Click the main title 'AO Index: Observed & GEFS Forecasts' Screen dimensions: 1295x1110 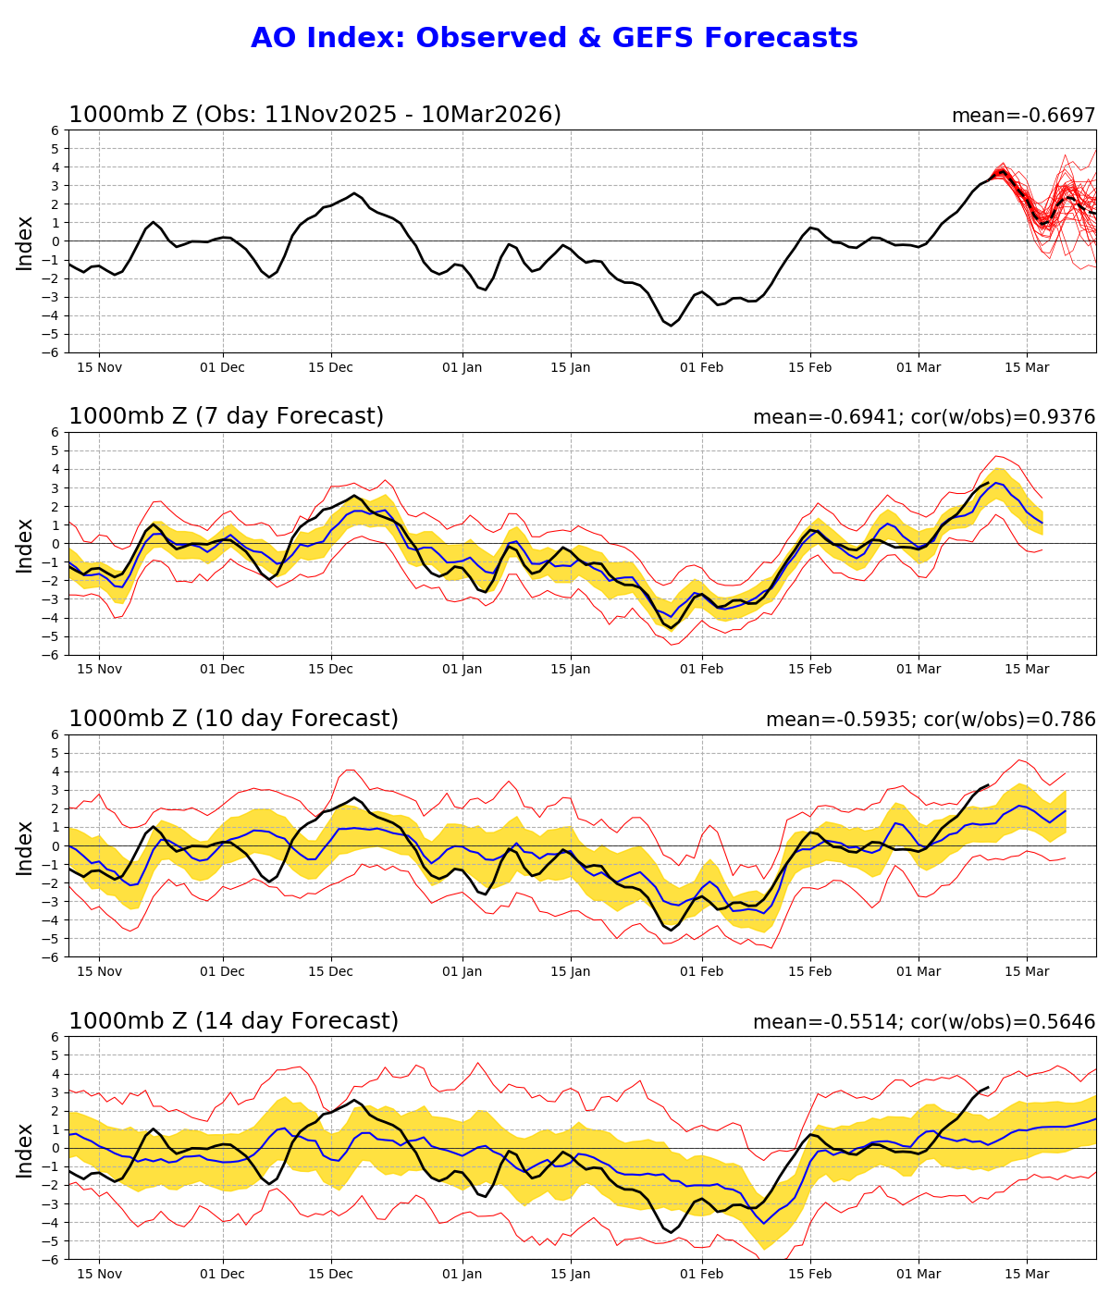tap(554, 38)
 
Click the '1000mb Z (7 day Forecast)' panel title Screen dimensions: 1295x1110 tap(226, 416)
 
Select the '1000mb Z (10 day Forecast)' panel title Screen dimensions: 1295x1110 tap(233, 719)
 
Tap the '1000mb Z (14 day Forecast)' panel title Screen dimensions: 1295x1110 tap(233, 1021)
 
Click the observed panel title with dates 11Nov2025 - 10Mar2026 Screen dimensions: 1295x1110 tap(314, 115)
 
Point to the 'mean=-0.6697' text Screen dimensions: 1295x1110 tap(1023, 116)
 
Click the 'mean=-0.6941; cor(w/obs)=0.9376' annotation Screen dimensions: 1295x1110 tap(923, 417)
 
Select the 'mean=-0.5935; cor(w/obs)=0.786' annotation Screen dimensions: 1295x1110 tap(930, 720)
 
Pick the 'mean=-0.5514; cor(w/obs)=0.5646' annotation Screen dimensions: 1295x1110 tap(923, 1022)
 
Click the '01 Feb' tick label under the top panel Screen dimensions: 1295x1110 tap(701, 367)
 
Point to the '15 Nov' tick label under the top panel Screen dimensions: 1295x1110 tap(99, 367)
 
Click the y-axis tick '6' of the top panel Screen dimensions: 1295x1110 tap(55, 130)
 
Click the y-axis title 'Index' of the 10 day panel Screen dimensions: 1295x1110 tap(25, 845)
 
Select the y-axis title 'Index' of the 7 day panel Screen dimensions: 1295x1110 tap(25, 544)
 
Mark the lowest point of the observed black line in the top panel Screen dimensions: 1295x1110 tap(672, 326)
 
